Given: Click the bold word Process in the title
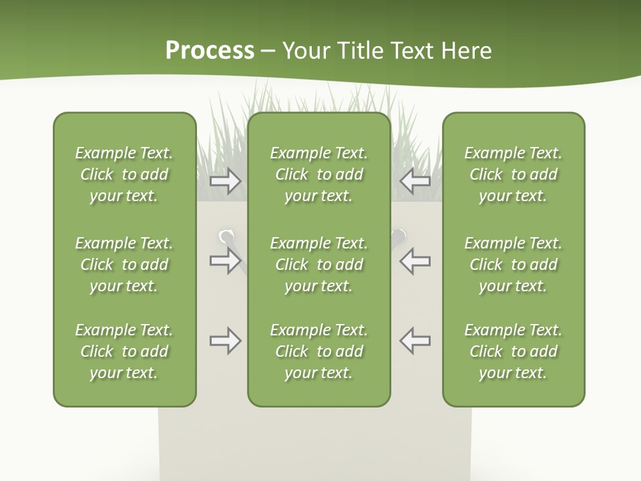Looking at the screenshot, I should [210, 51].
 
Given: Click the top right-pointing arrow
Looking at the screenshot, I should [225, 180].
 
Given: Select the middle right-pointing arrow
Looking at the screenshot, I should [225, 261].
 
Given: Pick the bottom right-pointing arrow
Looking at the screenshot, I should [225, 341].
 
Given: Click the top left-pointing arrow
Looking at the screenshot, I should [415, 180].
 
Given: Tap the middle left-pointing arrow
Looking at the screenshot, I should [415, 261].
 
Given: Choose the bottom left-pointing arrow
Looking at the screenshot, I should [415, 341].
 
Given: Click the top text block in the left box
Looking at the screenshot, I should [124, 174].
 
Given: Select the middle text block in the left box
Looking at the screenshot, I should [124, 265].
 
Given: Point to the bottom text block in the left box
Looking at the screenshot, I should [124, 351].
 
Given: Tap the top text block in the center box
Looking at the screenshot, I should [318, 174].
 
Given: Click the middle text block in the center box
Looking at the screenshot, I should [318, 265].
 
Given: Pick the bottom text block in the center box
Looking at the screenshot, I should [318, 351].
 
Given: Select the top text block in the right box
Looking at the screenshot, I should [513, 174].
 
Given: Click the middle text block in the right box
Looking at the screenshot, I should [513, 265].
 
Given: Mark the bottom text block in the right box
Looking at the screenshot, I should [513, 351].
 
